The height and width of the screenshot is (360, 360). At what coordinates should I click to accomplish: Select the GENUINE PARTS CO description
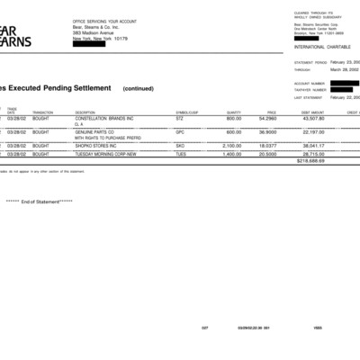click(x=94, y=131)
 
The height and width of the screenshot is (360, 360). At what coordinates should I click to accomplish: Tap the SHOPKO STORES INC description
click(x=96, y=144)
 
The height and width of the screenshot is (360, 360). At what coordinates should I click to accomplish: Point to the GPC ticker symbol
click(x=180, y=131)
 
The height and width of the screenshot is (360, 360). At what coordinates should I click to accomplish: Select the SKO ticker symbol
click(x=180, y=144)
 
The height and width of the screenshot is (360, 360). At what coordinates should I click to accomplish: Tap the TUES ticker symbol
click(x=181, y=153)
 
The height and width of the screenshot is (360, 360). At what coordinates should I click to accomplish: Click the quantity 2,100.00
click(x=232, y=144)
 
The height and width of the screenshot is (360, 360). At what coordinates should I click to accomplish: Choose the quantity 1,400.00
click(x=232, y=153)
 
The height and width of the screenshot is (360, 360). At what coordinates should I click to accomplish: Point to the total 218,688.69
click(x=310, y=160)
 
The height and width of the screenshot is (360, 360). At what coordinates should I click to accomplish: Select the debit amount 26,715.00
click(x=313, y=153)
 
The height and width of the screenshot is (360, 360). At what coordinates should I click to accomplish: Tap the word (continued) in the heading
click(x=139, y=88)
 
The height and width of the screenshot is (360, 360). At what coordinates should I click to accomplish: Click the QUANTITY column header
click(x=234, y=112)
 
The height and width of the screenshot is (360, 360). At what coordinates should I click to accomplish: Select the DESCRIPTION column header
click(x=85, y=112)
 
